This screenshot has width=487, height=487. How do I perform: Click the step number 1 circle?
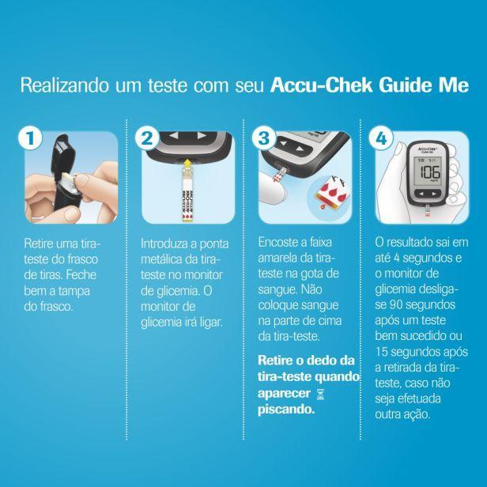point(30,138)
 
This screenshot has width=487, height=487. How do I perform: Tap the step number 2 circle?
point(147,138)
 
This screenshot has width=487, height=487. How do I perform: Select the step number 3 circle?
point(264,138)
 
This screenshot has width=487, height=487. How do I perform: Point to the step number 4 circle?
point(381,138)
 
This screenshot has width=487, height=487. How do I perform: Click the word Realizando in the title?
point(65,85)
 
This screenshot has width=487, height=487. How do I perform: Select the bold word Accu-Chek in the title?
point(321,85)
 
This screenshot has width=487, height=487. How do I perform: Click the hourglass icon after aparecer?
point(320,395)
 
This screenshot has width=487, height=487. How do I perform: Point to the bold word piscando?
point(286,410)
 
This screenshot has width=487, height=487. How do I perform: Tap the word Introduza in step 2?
point(167,243)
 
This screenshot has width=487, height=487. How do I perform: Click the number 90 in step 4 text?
point(395,304)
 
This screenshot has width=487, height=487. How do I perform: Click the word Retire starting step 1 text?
point(38,243)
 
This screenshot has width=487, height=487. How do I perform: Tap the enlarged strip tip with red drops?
point(331,194)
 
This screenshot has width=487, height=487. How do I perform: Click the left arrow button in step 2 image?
point(174,135)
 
